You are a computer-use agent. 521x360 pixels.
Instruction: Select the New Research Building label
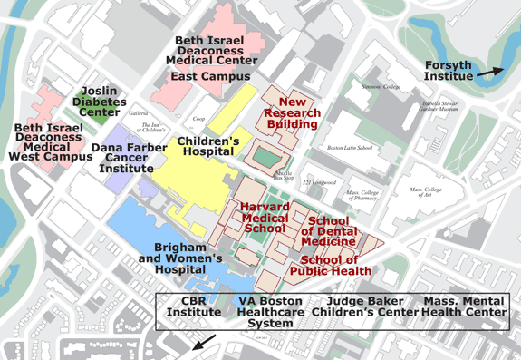coord(298,112)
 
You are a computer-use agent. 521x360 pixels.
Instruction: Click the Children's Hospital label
coord(207,148)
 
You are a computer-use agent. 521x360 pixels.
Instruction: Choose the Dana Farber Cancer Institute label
coord(130,158)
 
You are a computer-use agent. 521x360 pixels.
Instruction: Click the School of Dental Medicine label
coord(328,231)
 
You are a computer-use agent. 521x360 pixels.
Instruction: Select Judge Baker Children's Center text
coord(364,306)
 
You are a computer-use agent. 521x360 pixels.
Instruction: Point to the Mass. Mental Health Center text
coord(465,306)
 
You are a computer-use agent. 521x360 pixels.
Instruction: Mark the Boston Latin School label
coord(349,147)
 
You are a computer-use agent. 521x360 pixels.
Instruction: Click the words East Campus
coord(211,76)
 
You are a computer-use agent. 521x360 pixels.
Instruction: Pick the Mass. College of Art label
coord(431,193)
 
